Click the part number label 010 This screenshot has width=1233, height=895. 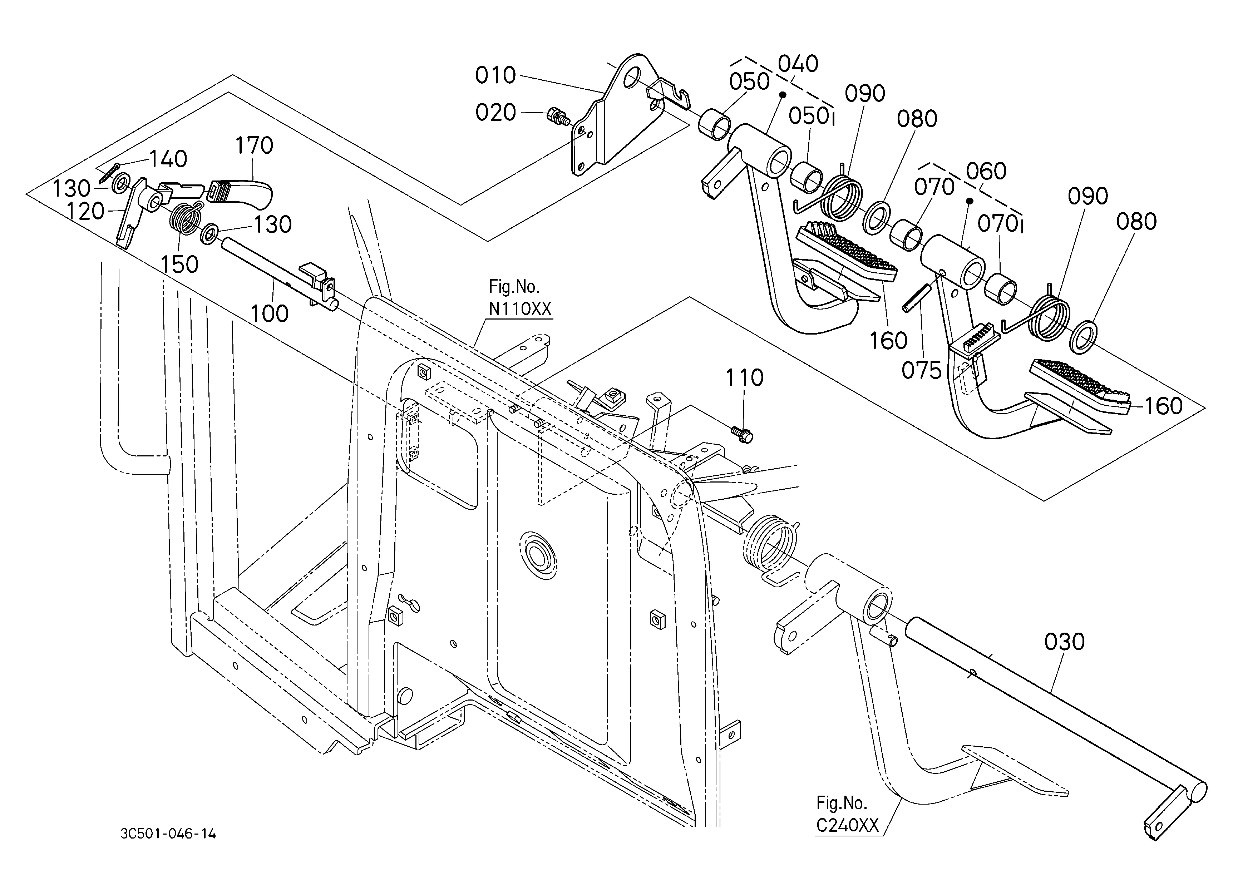495,75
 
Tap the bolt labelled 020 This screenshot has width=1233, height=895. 558,116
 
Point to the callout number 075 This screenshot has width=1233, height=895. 922,371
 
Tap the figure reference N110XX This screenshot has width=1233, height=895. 520,309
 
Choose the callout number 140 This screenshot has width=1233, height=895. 168,159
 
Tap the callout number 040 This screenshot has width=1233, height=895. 798,64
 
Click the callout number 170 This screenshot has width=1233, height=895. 254,145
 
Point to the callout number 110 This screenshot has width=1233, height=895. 744,378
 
